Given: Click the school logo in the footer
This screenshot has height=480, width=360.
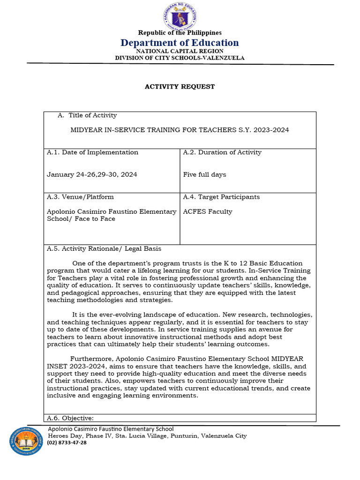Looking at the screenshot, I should click(26, 441).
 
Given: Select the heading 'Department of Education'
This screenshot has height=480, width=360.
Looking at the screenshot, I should click(180, 43).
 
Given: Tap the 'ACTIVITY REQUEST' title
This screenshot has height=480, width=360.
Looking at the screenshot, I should click(180, 87).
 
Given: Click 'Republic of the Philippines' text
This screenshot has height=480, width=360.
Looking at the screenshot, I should click(180, 32).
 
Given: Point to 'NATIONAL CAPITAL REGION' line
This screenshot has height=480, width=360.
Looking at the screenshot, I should click(180, 51).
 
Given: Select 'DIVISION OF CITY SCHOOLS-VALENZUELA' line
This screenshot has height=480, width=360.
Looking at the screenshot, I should click(180, 58).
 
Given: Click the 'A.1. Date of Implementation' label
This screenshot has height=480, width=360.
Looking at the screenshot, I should click(92, 152).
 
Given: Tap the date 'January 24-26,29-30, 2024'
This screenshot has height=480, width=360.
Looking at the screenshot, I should click(92, 174).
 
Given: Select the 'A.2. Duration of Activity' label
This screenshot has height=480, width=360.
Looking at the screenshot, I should click(222, 152).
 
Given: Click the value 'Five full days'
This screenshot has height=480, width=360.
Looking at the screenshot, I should click(204, 174).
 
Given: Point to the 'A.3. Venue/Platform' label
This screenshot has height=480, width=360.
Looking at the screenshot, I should click(80, 197).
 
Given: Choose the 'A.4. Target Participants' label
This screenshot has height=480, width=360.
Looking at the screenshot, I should click(221, 197).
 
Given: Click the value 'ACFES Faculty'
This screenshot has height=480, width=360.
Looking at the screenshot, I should click(207, 211).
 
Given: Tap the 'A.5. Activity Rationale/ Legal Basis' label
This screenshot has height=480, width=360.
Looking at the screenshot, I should click(104, 248).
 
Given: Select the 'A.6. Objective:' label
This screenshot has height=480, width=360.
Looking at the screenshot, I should click(70, 418).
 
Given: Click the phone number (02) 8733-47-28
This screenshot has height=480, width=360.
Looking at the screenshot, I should click(67, 442).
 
